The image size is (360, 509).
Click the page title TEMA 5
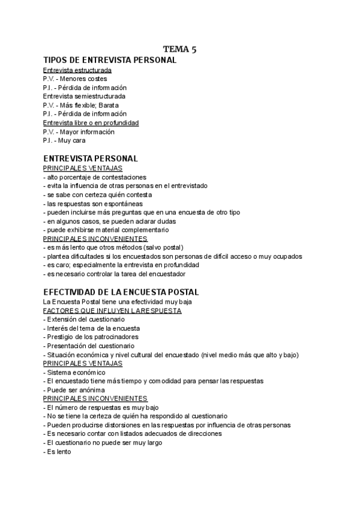click(180, 49)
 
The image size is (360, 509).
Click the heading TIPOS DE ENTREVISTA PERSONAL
click(110, 60)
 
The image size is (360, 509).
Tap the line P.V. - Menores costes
click(75, 79)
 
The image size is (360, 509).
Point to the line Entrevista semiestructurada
click(84, 96)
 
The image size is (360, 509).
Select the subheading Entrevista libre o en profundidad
click(91, 122)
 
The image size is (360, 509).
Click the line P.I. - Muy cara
click(64, 140)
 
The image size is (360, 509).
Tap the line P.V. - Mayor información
click(79, 131)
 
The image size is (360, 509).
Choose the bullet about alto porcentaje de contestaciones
click(95, 177)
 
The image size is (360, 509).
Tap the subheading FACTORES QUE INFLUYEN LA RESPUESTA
click(112, 310)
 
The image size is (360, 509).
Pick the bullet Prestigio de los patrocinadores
click(90, 337)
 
